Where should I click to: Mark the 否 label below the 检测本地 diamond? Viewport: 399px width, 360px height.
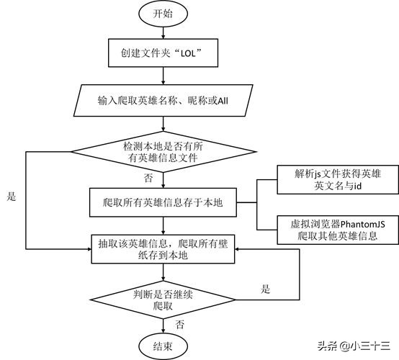(148, 176)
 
